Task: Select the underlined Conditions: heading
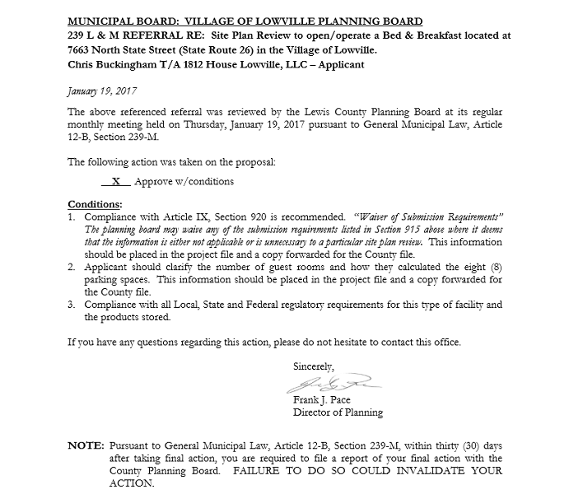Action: (95, 203)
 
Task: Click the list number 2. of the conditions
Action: (73, 268)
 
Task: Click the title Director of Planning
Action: (338, 412)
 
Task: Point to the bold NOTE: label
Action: (85, 445)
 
